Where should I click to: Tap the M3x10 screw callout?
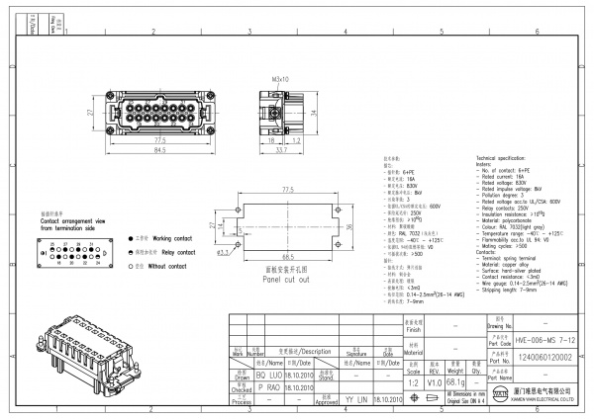click(x=280, y=78)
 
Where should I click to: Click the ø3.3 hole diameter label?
click(x=223, y=253)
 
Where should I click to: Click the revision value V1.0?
click(x=435, y=381)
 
